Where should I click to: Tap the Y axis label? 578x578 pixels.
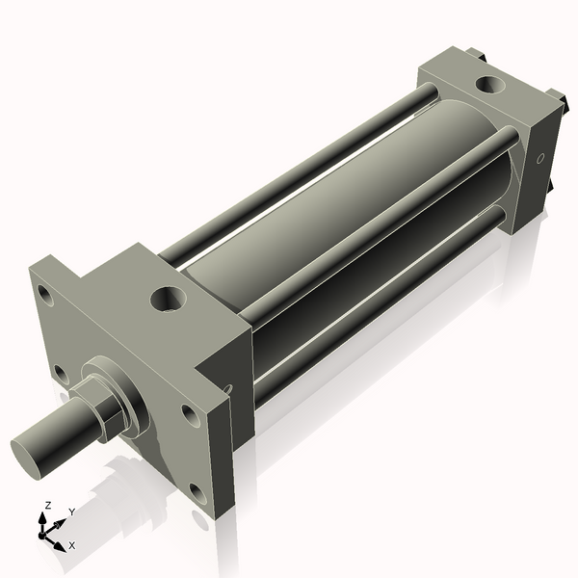[72, 512]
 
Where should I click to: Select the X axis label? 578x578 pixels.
[71, 545]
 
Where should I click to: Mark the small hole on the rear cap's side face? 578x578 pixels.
[539, 158]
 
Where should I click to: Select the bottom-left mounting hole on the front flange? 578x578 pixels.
[60, 372]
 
